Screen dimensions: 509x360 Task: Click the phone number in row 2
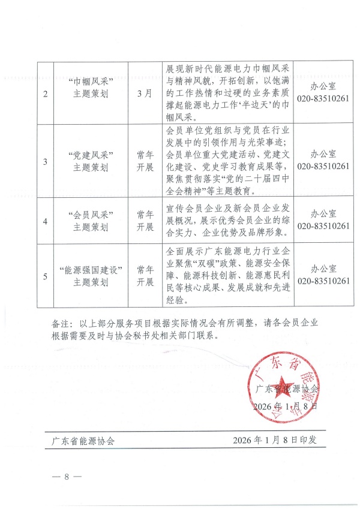pos(323,100)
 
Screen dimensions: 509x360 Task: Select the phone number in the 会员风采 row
pos(323,226)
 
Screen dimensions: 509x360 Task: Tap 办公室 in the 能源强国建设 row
pos(323,269)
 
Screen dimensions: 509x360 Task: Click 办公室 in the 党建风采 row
pos(323,154)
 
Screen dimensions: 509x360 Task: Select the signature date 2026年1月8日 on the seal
pos(287,406)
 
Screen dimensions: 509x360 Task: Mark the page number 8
pos(67,477)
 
